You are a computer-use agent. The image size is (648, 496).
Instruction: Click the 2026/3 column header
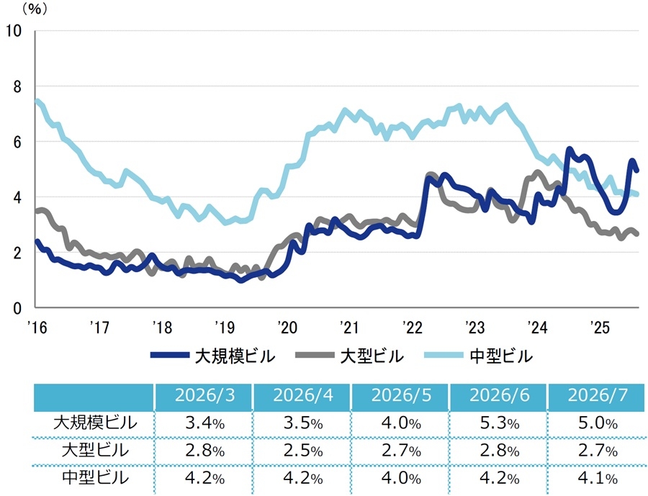[x=204, y=395]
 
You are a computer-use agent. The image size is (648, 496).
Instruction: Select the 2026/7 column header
[x=598, y=395]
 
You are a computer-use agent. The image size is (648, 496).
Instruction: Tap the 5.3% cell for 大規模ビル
[x=499, y=423]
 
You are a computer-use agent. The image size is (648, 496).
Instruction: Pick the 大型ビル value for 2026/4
[x=303, y=451]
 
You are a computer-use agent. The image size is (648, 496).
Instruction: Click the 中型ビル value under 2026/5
[x=401, y=478]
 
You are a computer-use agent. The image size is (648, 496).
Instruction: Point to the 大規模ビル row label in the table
[x=95, y=423]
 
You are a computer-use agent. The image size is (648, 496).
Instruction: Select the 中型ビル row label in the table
[x=95, y=478]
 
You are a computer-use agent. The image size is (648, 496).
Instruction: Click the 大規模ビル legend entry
[x=213, y=356]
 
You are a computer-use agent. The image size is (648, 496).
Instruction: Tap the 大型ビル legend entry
[x=350, y=356]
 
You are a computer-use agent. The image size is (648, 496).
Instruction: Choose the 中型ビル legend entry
[x=479, y=356]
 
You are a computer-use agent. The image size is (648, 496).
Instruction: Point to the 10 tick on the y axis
[x=13, y=30]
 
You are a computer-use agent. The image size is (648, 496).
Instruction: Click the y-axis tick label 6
[x=17, y=143]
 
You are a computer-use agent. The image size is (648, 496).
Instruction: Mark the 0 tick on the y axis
[x=17, y=308]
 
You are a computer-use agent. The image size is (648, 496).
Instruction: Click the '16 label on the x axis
[x=37, y=328]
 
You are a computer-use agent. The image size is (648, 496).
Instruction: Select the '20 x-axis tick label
[x=287, y=328]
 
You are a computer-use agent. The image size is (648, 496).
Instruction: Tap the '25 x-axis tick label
[x=600, y=328]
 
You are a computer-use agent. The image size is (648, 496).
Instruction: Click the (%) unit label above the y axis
[x=35, y=9]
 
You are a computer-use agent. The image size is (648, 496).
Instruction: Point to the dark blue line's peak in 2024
[x=569, y=148]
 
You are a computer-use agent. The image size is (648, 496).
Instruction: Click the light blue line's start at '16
[x=37, y=101]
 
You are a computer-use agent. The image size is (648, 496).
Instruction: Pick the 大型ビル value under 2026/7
[x=598, y=451]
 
